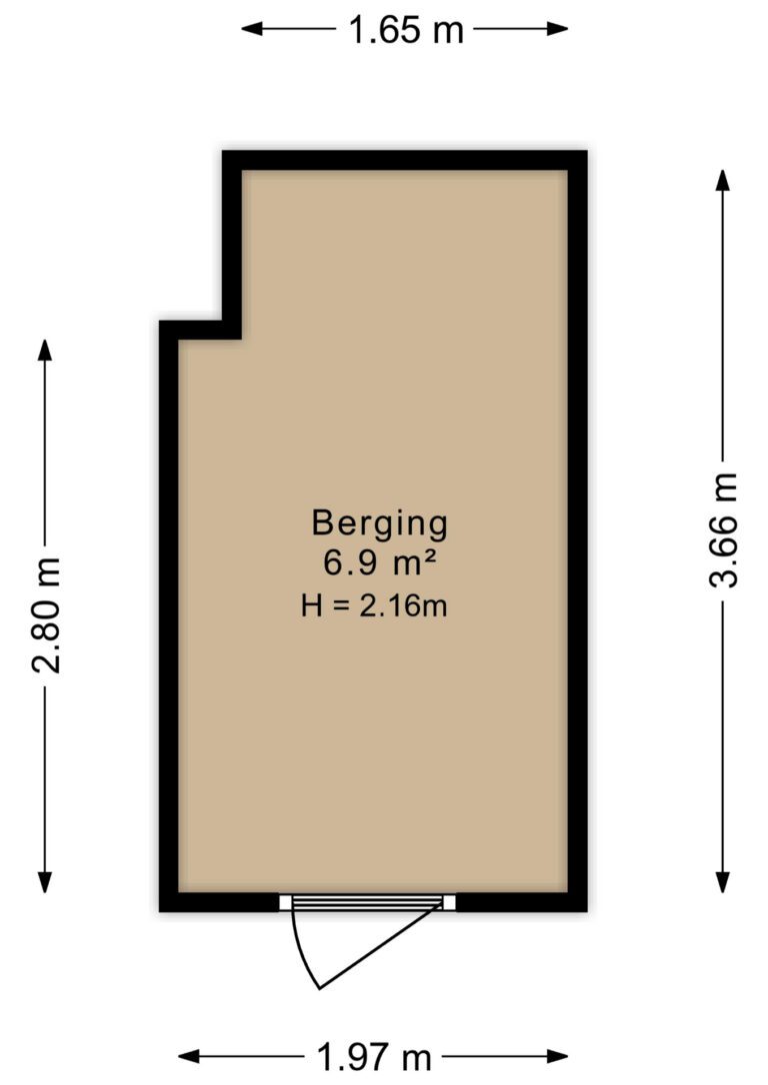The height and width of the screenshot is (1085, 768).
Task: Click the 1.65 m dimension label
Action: tap(406, 29)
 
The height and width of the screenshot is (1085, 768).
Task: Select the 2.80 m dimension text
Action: tap(45, 615)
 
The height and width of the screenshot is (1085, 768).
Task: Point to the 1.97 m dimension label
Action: tap(374, 1056)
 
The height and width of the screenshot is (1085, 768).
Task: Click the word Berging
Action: tap(379, 523)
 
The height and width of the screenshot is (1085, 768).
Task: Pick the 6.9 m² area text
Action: tap(379, 563)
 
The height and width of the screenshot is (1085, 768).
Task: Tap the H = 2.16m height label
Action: tap(374, 604)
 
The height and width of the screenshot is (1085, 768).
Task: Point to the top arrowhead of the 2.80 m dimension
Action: tap(45, 349)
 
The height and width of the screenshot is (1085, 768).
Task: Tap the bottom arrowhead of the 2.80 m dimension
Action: tap(45, 884)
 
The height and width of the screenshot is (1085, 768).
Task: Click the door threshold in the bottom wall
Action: tap(367, 903)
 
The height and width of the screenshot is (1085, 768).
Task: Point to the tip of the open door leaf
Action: tap(319, 988)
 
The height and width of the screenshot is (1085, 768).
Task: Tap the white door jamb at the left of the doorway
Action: tap(285, 903)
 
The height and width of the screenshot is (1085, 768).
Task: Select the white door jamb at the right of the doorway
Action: tap(449, 903)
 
